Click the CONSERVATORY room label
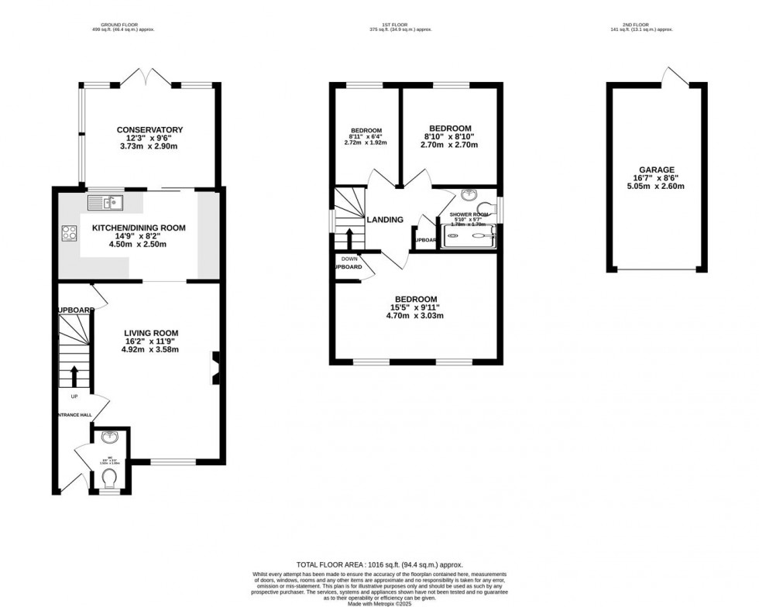(x=149, y=130)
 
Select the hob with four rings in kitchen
(x=68, y=232)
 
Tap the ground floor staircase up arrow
(x=74, y=376)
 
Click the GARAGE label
(x=656, y=170)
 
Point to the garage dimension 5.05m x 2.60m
(x=656, y=186)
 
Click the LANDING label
(x=385, y=220)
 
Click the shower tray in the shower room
(x=469, y=238)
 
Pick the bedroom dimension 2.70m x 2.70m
(x=449, y=145)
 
